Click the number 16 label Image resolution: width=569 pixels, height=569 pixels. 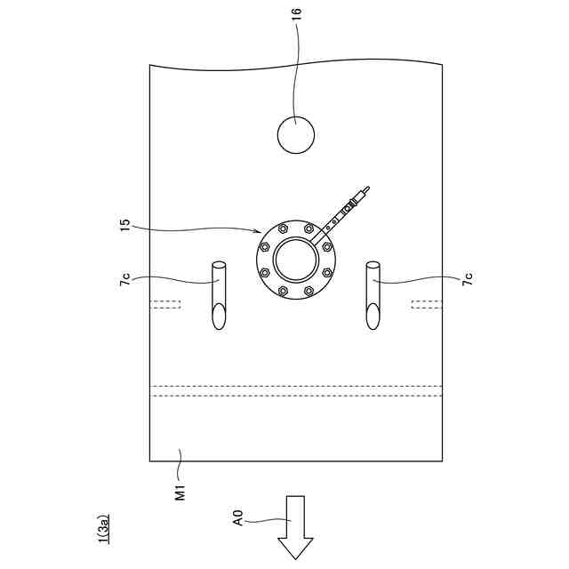click(297, 13)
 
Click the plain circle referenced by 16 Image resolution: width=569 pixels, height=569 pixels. click(296, 135)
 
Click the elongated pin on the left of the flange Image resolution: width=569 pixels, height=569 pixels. click(219, 294)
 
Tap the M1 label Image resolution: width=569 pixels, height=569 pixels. click(180, 490)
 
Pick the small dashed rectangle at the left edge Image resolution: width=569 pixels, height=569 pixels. click(165, 306)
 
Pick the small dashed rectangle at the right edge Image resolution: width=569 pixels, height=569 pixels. click(427, 306)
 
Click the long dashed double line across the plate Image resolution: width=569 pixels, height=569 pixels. click(296, 390)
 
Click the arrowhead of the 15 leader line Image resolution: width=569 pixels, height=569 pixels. click(258, 233)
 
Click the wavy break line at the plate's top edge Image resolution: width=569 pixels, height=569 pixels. click(296, 65)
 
